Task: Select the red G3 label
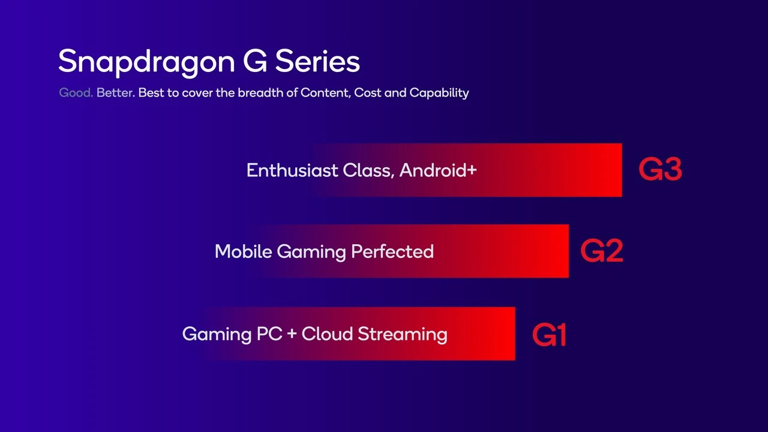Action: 660,170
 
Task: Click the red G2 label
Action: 602,251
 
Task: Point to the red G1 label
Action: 549,335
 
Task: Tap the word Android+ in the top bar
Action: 438,170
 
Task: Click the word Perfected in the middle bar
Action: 392,251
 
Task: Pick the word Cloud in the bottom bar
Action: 328,334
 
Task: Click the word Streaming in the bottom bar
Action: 403,334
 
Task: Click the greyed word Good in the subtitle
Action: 76,93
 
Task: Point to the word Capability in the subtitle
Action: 439,93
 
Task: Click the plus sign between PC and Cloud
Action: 292,334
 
